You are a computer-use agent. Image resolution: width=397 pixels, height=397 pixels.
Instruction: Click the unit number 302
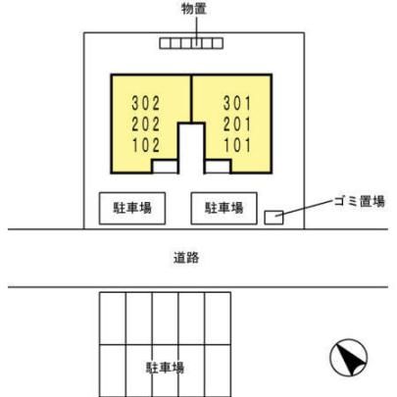[x=146, y=103]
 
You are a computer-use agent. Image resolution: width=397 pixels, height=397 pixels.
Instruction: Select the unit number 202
[x=146, y=124]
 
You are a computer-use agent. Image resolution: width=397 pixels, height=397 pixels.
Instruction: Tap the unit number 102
[x=146, y=145]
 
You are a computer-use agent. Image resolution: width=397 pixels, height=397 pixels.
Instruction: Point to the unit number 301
[x=237, y=103]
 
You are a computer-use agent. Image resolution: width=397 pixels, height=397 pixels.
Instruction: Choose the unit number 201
[x=237, y=124]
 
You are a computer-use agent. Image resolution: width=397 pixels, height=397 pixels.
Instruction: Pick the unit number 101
[x=237, y=145]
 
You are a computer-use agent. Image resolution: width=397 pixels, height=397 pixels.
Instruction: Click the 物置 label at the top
[x=194, y=9]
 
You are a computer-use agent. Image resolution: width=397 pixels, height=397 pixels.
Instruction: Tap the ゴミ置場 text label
[x=360, y=201]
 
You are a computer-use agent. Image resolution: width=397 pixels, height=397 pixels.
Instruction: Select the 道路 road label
[x=186, y=258]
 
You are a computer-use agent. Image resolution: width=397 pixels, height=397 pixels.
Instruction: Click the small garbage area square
[x=273, y=218]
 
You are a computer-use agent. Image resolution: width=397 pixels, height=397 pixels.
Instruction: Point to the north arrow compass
[x=349, y=357]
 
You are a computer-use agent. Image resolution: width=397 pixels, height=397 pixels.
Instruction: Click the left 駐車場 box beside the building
[x=132, y=209]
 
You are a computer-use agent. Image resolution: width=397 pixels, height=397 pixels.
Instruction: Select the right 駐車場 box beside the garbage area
[x=224, y=209]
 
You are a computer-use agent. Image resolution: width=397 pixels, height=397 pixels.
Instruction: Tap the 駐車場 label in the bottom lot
[x=165, y=368]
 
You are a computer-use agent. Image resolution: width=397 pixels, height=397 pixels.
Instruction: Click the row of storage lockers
[x=191, y=43]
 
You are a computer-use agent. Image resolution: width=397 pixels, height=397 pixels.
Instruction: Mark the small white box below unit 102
[x=165, y=167]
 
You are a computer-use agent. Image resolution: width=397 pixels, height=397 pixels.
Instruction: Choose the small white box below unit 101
[x=218, y=167]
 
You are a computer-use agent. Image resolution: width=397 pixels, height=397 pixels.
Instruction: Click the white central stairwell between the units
[x=191, y=148]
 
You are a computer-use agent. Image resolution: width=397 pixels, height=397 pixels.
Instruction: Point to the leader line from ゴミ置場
[x=305, y=208]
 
